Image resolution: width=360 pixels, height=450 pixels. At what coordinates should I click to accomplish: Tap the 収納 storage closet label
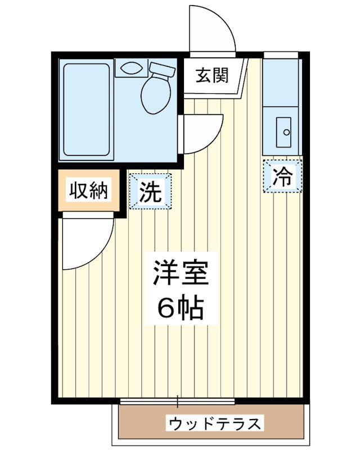click(88, 192)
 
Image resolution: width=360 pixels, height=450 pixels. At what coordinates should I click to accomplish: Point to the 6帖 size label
click(180, 308)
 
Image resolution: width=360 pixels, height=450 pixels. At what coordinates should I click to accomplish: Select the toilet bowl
click(154, 94)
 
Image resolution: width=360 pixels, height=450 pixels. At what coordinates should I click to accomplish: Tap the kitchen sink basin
click(282, 133)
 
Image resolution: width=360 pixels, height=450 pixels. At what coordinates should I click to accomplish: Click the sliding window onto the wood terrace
click(178, 401)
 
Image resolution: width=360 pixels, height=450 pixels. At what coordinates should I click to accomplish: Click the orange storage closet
click(88, 192)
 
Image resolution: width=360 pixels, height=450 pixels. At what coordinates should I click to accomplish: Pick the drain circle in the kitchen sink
click(286, 133)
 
